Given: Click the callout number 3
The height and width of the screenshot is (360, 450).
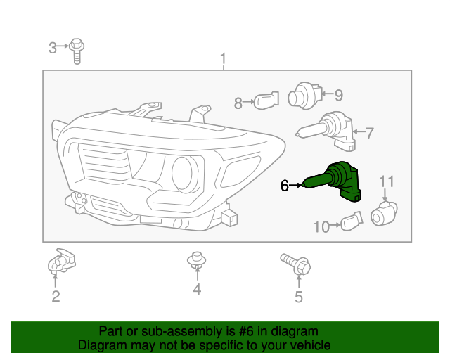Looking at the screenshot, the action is (x=53, y=48).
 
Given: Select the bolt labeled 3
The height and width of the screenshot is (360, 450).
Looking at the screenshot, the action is (x=77, y=51).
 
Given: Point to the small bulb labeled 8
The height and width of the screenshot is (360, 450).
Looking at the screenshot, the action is (x=266, y=101).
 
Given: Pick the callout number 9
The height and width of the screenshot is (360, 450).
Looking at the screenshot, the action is (x=339, y=95).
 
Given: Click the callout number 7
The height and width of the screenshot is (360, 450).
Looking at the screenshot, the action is (x=369, y=133).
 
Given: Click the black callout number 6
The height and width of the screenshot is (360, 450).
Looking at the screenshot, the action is (x=284, y=186).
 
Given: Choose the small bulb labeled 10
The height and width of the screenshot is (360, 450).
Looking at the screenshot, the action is (x=352, y=221).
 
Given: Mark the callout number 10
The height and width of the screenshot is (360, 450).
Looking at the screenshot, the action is (x=321, y=227).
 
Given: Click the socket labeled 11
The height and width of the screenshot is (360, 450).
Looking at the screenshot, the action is (x=384, y=214).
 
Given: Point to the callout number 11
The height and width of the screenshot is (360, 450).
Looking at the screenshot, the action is (x=387, y=181).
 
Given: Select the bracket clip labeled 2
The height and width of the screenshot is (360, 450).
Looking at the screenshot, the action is (x=61, y=261).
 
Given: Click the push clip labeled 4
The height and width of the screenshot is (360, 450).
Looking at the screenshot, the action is (x=197, y=260).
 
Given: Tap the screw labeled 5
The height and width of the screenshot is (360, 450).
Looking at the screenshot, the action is (x=295, y=264).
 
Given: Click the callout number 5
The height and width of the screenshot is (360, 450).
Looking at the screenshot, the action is (x=299, y=297).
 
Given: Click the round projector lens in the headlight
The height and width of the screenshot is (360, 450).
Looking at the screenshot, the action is (x=184, y=174).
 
